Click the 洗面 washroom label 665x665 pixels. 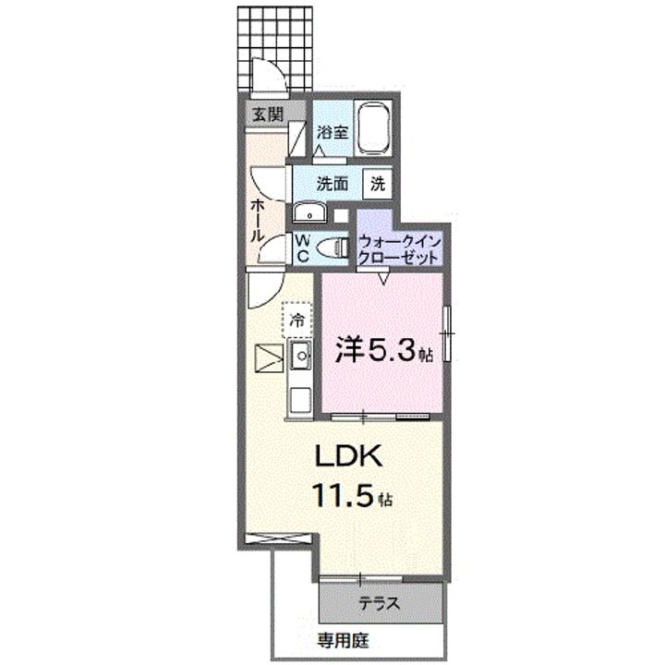coord(332,183)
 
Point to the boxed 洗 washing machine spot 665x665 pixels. coord(378,183)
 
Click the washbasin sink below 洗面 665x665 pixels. coord(308,214)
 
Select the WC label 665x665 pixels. coord(302,248)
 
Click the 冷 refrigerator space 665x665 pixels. coord(297,320)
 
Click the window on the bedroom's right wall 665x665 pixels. coord(445,332)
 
